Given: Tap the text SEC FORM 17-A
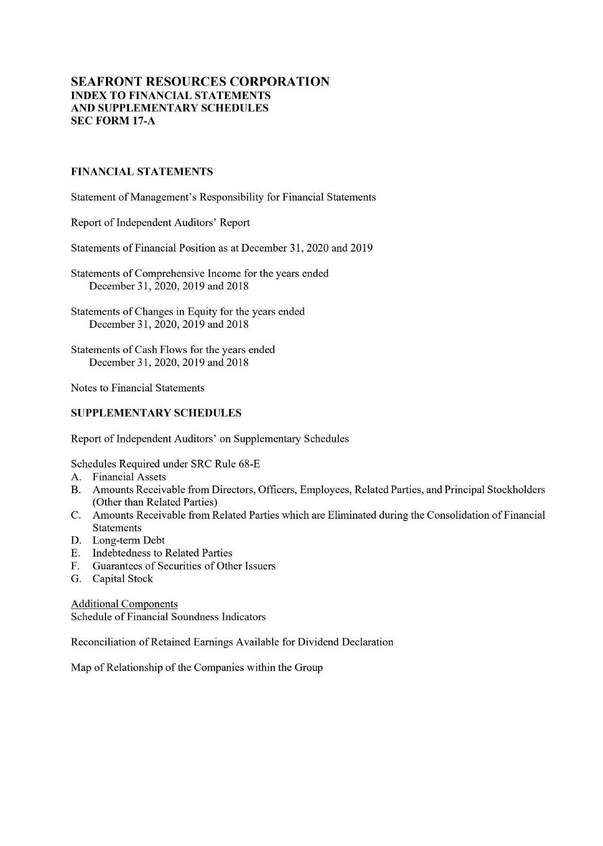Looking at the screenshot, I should coord(113,121).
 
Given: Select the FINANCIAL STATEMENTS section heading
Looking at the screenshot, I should coord(142,171).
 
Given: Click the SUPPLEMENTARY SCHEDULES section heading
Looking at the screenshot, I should coord(156,413).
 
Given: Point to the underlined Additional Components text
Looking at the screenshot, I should coord(124,604).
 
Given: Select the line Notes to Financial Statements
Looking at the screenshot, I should coord(138,388).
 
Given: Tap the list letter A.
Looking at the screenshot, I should coord(75,477).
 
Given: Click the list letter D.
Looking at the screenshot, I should coord(75,540).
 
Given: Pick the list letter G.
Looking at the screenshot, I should coord(75,578).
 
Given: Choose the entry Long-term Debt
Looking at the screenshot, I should coord(128,540).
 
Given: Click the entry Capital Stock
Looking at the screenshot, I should coord(123,578).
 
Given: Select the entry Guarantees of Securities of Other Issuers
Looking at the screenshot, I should coord(184,566).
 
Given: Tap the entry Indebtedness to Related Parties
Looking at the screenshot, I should coord(162,553).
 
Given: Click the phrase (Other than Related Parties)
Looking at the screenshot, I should coord(155,502).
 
